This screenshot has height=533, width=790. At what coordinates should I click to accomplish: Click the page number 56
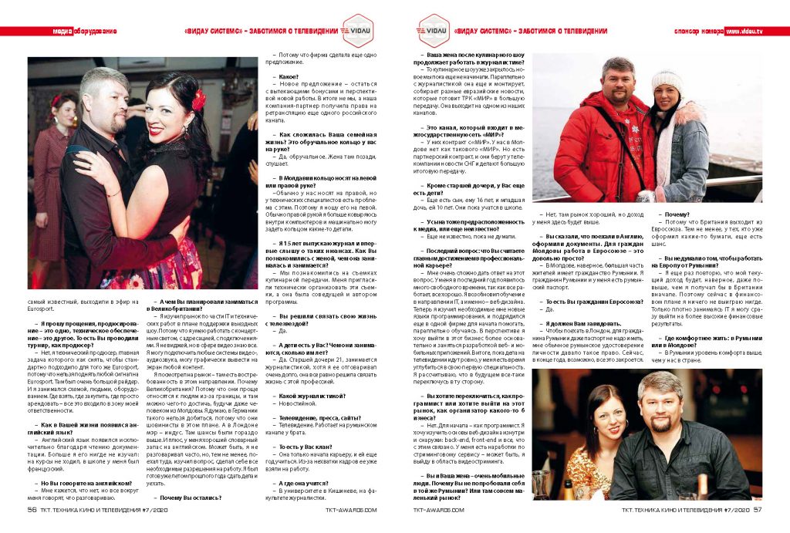tap(32, 509)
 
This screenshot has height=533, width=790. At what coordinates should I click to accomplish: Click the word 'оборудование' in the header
tap(94, 31)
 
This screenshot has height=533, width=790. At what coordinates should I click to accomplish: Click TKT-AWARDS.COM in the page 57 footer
tap(438, 509)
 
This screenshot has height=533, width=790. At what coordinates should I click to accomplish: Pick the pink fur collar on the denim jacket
tap(679, 123)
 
